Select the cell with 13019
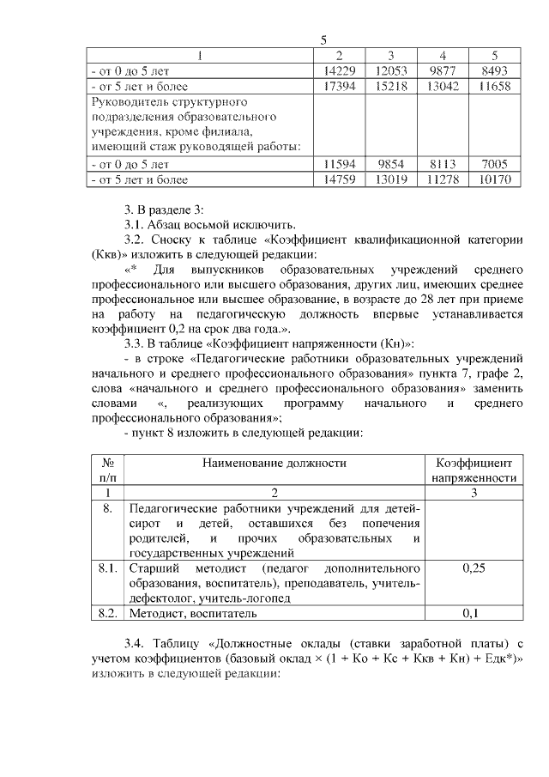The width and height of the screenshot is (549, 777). click(x=390, y=179)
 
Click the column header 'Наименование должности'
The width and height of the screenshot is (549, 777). click(x=274, y=463)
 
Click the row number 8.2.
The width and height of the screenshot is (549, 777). click(x=107, y=613)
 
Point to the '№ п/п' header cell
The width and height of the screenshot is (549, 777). click(x=107, y=470)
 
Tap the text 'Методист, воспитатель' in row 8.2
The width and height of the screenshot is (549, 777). click(x=192, y=613)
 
